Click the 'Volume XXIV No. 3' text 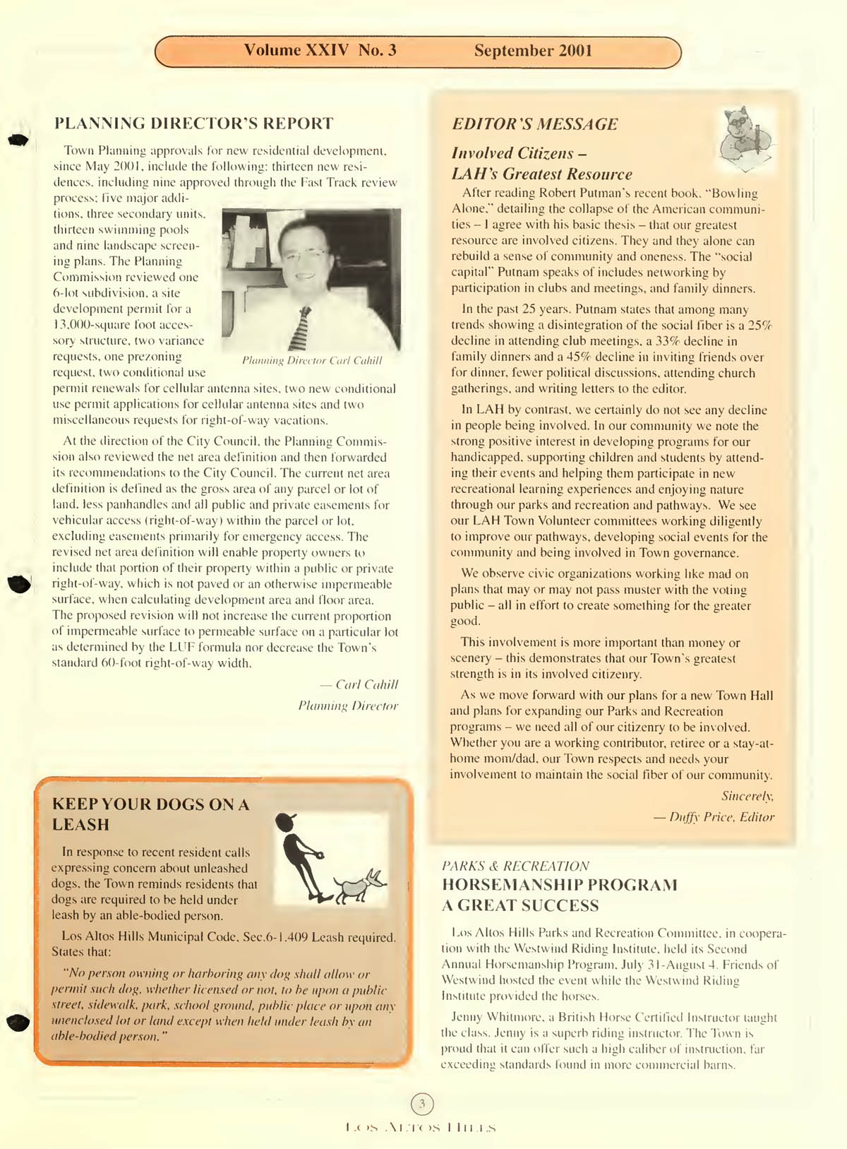pyautogui.click(x=320, y=50)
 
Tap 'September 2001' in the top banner pyautogui.click(x=533, y=51)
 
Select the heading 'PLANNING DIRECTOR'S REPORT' pyautogui.click(x=193, y=124)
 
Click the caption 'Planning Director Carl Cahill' pyautogui.click(x=312, y=361)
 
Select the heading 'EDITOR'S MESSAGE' pyautogui.click(x=534, y=124)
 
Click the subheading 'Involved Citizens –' pyautogui.click(x=519, y=153)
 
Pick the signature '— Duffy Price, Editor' pyautogui.click(x=713, y=817)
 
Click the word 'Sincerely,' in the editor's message pyautogui.click(x=747, y=796)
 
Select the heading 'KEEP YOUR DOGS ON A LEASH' pyautogui.click(x=150, y=814)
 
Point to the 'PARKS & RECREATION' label pyautogui.click(x=515, y=866)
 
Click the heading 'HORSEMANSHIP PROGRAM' pyautogui.click(x=559, y=885)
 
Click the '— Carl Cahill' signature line pyautogui.click(x=359, y=684)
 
